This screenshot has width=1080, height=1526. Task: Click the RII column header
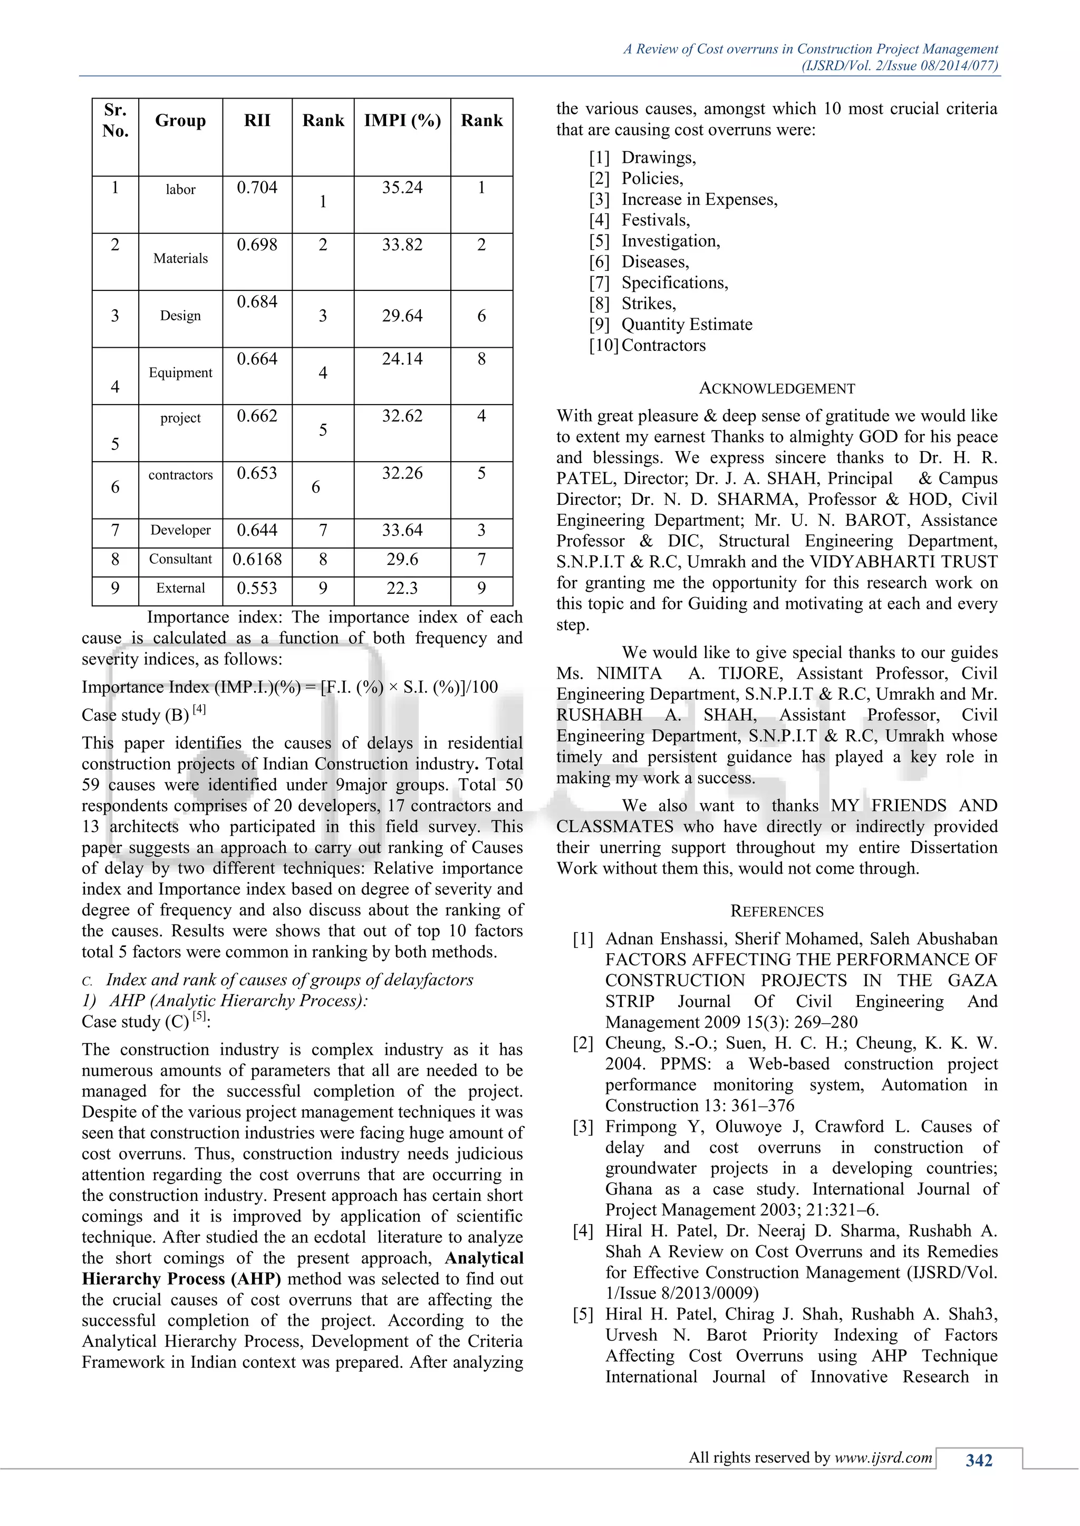coord(257,120)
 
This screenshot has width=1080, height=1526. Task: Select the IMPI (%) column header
coord(402,120)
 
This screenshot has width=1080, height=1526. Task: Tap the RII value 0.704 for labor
coord(257,188)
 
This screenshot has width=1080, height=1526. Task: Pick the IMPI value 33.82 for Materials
coord(402,245)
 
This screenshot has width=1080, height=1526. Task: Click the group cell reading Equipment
coord(180,373)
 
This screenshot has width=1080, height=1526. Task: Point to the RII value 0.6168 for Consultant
coord(257,560)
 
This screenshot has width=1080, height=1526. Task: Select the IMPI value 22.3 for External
coord(402,588)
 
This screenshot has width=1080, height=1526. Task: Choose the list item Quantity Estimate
coord(686,325)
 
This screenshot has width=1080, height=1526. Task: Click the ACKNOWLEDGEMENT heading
coord(777,389)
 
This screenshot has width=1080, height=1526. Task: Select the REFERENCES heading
coord(777,911)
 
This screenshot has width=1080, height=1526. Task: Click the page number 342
coord(979,1460)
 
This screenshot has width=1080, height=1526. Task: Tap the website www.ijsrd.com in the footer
coord(883,1457)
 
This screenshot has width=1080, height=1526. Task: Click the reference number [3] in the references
coord(583,1127)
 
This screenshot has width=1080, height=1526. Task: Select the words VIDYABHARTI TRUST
coord(903,562)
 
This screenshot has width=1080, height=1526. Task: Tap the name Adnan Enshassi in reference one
coord(665,939)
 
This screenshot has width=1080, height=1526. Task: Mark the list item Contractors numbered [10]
coord(663,346)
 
